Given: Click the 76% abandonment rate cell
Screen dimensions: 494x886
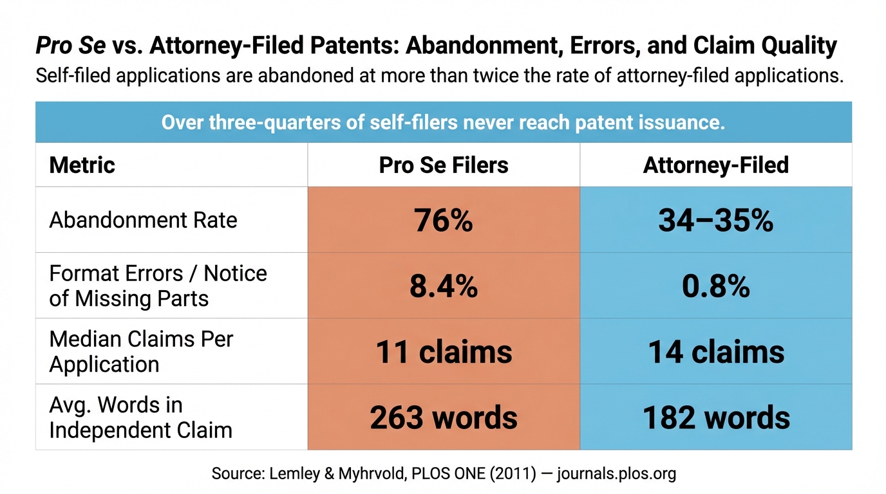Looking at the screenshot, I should coord(443,221).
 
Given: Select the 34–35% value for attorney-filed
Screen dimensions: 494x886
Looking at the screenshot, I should coord(715,221).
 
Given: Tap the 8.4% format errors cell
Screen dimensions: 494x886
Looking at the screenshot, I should coord(443,286).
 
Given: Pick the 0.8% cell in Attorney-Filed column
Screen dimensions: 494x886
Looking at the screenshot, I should coord(715,286).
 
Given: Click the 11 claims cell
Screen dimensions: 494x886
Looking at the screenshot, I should coord(443,352).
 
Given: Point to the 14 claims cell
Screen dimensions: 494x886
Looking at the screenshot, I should coord(715,352).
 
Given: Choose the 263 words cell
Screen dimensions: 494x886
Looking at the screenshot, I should coord(443,417).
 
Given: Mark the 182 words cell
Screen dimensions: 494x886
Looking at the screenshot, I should coord(715,417).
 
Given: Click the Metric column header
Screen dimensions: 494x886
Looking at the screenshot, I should coord(82,165).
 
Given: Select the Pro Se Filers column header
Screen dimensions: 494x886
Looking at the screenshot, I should coord(443,165).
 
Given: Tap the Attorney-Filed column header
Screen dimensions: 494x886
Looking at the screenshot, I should coord(715,165).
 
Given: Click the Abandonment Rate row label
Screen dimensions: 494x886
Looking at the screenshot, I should coord(143,221).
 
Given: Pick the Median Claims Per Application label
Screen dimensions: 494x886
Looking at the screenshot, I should coord(141,352).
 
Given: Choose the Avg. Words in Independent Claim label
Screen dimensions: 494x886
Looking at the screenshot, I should coord(140,417).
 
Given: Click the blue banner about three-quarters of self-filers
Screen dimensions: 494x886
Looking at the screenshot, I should coord(443,122).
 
